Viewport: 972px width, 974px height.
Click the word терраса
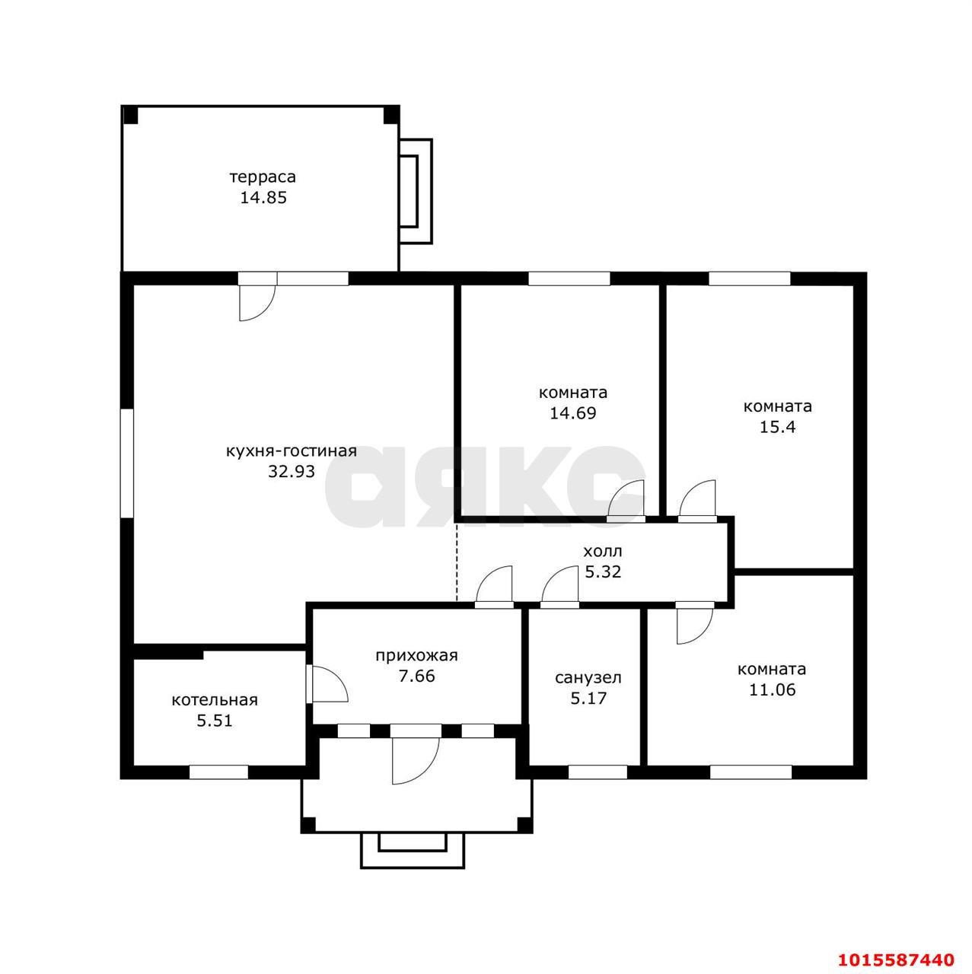(x=263, y=177)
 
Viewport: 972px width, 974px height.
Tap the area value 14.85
(x=263, y=198)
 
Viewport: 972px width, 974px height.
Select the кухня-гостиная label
(x=292, y=451)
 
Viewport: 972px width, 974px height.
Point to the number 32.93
(x=292, y=472)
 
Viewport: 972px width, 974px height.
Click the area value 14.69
(x=573, y=413)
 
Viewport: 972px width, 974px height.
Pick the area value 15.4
(x=777, y=427)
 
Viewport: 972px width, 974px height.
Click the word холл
(x=603, y=551)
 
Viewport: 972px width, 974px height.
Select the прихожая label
(x=416, y=656)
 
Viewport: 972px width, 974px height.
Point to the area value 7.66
(x=416, y=676)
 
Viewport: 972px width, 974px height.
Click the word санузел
(x=588, y=678)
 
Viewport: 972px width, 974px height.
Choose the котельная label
(x=215, y=700)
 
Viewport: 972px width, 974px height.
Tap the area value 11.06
(x=773, y=689)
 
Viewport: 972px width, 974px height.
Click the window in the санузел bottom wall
(x=598, y=772)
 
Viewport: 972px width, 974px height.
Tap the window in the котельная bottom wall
(x=218, y=772)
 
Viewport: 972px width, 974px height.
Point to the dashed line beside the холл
(x=457, y=563)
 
